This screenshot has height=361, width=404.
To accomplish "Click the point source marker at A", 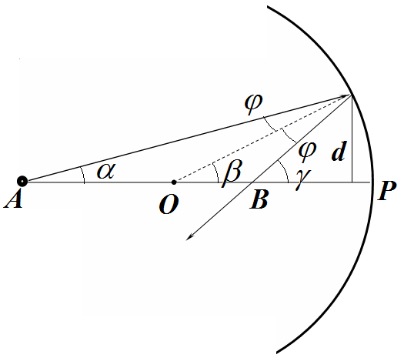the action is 22,182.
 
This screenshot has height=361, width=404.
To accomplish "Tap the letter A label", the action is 13,199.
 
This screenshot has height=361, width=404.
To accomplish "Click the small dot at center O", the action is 174,182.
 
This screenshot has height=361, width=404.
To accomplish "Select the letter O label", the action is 169,204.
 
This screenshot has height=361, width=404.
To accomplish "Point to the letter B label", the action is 259,199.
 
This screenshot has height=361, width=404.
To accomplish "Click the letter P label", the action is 387,190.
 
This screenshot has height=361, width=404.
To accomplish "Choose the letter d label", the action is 339,152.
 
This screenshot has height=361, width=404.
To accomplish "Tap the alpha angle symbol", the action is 105,172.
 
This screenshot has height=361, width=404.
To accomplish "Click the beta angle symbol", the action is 232,173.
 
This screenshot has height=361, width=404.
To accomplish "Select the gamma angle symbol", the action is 303,179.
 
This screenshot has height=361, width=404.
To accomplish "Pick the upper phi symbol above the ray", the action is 253,104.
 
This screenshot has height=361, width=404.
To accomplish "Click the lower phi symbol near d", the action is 307,152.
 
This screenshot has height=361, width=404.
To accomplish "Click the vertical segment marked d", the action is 352,139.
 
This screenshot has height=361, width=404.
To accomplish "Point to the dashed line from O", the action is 262,139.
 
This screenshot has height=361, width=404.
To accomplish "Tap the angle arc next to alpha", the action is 83,175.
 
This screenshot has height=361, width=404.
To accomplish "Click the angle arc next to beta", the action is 216,172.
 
